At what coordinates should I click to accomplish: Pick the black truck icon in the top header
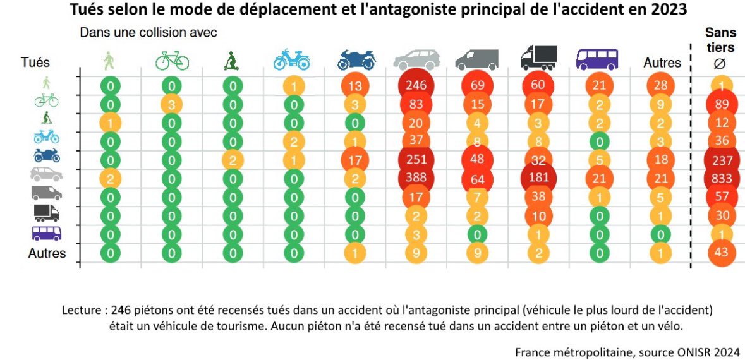tap(538, 58)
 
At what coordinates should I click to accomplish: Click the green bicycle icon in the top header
tap(172, 61)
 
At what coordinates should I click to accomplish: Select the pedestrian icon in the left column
tap(47, 82)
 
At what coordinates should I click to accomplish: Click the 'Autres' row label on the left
tap(47, 253)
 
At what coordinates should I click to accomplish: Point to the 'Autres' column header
tap(662, 63)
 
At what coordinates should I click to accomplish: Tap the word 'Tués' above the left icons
tap(35, 63)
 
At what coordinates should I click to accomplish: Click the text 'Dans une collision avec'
tap(148, 32)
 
